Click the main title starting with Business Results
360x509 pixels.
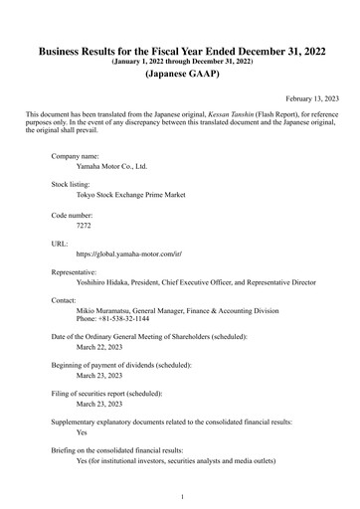[x=180, y=51]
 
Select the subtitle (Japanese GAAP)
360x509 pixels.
[x=180, y=75]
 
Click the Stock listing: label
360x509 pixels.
[x=74, y=186]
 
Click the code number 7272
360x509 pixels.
[x=84, y=225]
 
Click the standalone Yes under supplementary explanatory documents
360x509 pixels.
[x=83, y=433]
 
